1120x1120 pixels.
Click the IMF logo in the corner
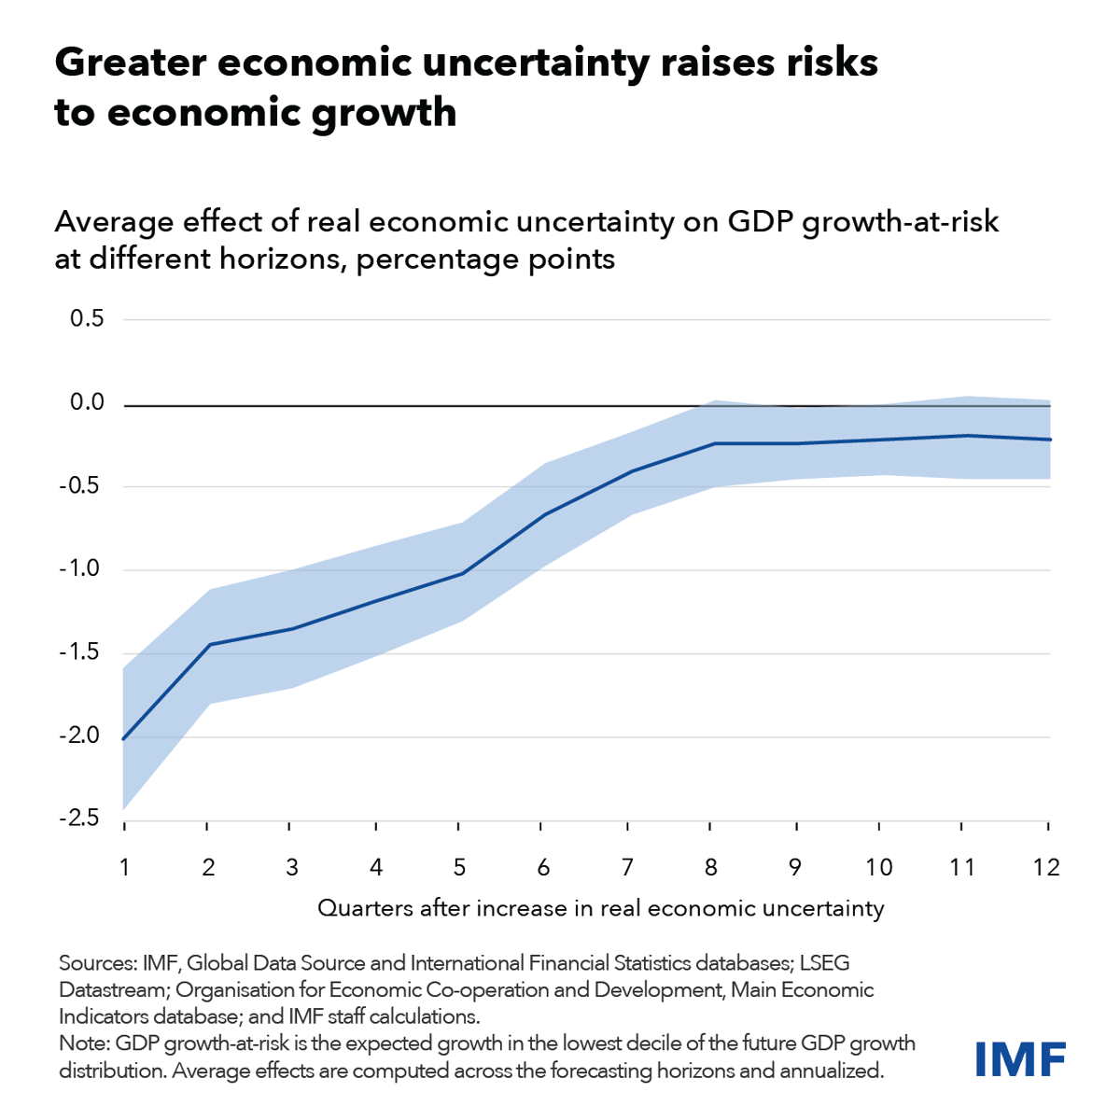(x=1019, y=1057)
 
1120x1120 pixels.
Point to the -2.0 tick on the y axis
(x=79, y=735)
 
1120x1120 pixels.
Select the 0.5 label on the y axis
(x=86, y=319)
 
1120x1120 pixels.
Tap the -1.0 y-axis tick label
(x=79, y=569)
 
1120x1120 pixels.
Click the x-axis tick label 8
(x=711, y=867)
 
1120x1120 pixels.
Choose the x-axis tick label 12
(x=1047, y=867)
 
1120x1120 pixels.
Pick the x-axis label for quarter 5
(x=459, y=867)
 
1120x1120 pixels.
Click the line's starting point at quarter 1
(x=124, y=738)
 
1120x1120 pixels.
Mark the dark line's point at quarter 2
(x=207, y=644)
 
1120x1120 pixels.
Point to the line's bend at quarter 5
(x=460, y=573)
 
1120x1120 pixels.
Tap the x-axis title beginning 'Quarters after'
(x=600, y=908)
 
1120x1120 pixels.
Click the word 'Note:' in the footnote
(x=86, y=1043)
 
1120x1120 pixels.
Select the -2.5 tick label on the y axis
(x=79, y=819)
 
